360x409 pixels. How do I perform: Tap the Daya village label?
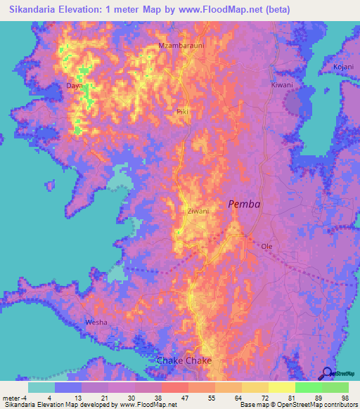coord(74,86)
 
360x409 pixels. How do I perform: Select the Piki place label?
coord(183,112)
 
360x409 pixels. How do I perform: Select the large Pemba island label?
coord(243,204)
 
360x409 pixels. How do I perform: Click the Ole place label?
coord(266,247)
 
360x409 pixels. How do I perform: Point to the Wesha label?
coord(96,322)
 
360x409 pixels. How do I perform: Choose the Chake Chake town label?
coord(184,361)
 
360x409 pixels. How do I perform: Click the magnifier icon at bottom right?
coord(328,374)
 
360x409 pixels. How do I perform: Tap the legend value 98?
coord(344,398)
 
